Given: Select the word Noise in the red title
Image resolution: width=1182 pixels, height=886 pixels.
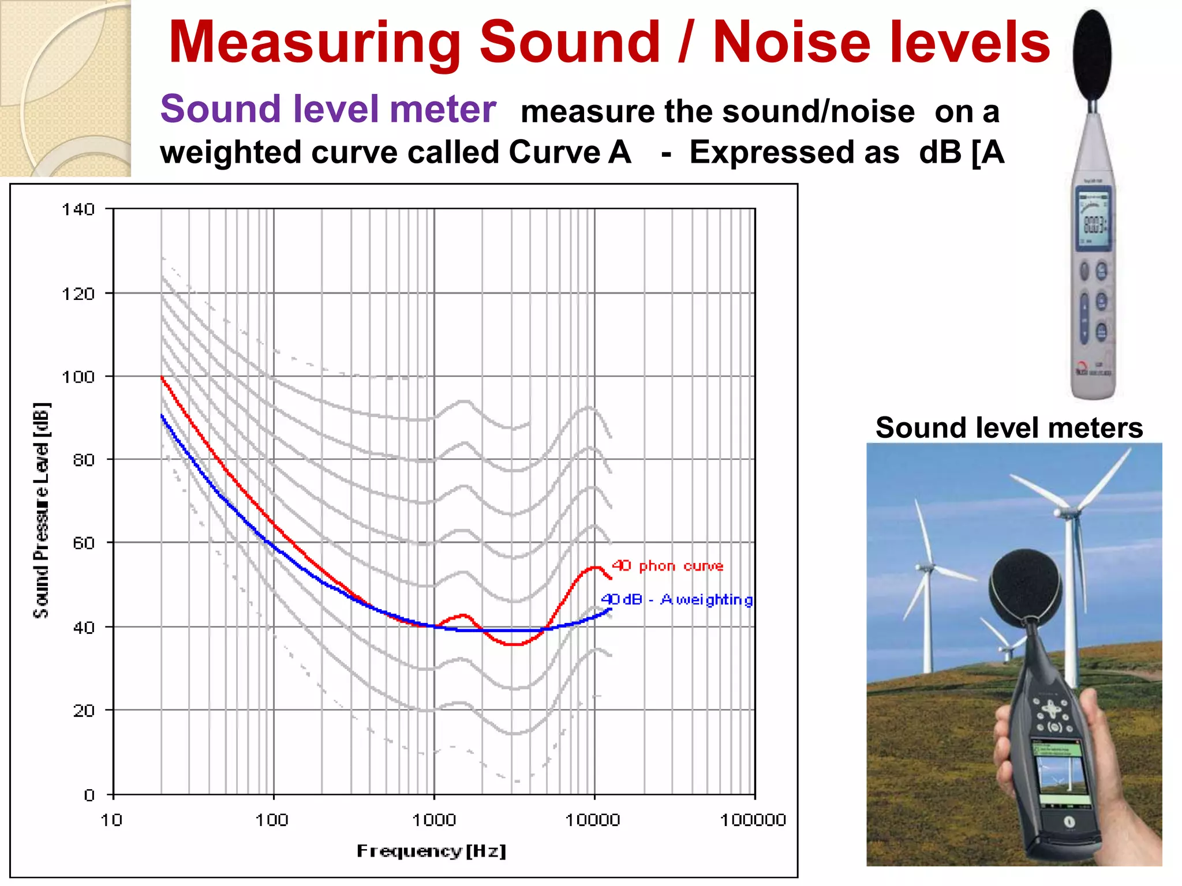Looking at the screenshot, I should tap(791, 43).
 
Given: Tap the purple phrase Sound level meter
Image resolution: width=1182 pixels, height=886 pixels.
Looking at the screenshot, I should tap(328, 109).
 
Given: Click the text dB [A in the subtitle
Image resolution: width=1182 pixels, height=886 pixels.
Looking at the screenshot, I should tap(962, 152).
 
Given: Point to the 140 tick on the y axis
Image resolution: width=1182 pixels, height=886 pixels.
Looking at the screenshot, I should tap(78, 209).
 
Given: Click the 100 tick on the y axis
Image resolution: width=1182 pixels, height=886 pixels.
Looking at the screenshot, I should tap(78, 377).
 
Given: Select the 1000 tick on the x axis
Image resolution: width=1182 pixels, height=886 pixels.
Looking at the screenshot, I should tap(434, 820).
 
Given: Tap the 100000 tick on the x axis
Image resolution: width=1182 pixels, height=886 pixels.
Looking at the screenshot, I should tap(753, 820).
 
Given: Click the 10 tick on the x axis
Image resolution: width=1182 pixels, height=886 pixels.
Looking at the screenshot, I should tap(111, 820).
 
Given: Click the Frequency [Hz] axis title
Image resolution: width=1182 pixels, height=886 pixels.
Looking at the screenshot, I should tap(431, 851).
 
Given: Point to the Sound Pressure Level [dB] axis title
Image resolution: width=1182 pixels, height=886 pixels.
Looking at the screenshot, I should tap(42, 510).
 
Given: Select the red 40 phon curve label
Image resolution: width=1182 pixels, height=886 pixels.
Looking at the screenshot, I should tap(667, 566).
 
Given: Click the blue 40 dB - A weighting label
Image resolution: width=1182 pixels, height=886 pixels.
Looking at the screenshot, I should tap(676, 600).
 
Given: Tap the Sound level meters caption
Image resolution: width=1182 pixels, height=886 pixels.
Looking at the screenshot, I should tap(1009, 428).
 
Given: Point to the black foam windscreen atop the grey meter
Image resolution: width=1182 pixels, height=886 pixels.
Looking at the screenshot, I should tap(1092, 55).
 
